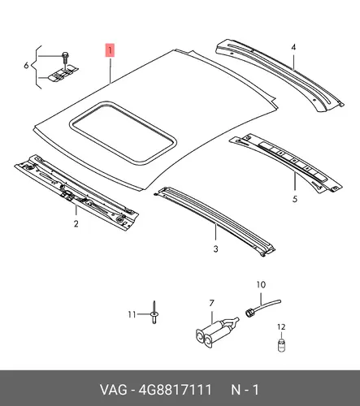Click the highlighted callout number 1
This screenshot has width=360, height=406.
pos(111,50)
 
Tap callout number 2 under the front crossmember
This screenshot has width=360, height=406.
pos(76,224)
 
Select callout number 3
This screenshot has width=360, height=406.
pos(215,248)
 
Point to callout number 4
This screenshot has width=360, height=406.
pos(293,47)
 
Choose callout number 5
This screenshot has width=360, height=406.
pos(295,199)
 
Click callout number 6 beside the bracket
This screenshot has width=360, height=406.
pos(26,66)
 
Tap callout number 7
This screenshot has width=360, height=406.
pos(211,303)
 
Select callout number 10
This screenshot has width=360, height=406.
pos(261,285)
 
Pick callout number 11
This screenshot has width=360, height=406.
pos(132,314)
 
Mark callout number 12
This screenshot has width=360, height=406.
pos(281,327)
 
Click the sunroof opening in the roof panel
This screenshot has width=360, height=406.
pos(124,133)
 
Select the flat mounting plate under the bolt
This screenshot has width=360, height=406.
pos(63,73)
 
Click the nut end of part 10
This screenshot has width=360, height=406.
pos(249,313)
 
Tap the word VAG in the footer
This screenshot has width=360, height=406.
pos(114,390)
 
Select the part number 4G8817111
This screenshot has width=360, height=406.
pos(175,390)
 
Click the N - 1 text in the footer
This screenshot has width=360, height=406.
pos(245,390)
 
